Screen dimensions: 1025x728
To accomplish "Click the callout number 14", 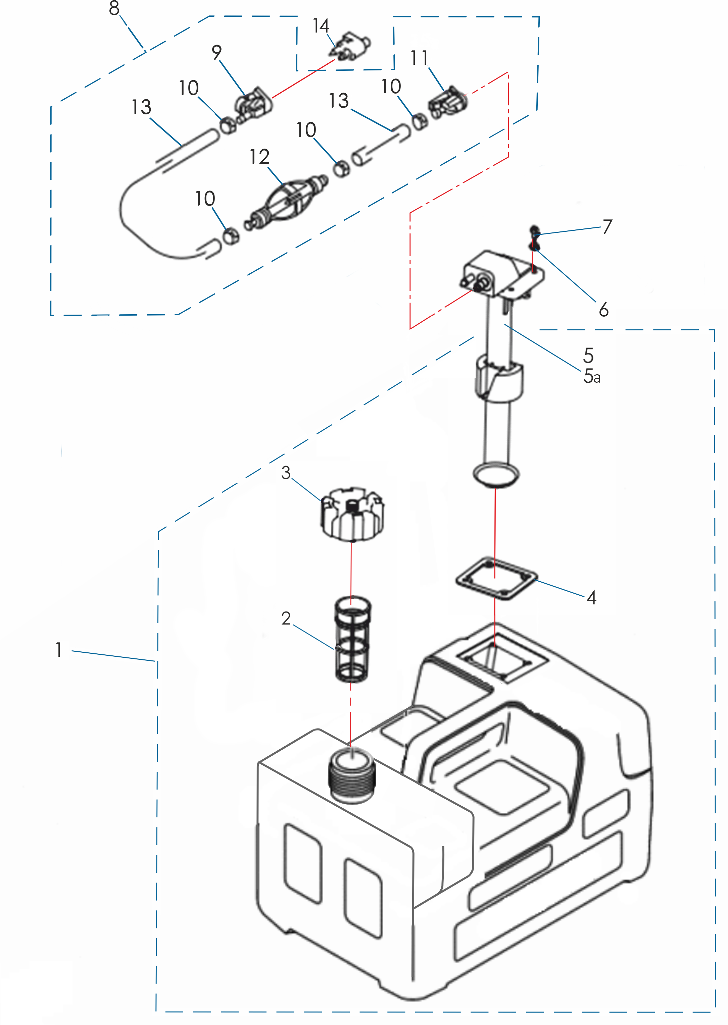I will pos(321,26).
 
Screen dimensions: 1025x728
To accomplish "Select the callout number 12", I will pos(259,157).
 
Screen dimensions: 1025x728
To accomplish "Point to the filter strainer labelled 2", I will pos(353,639).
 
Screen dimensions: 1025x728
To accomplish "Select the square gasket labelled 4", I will pos(496,578).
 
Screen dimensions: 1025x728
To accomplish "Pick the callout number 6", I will pos(603,310).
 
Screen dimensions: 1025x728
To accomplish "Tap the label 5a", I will pos(592,376).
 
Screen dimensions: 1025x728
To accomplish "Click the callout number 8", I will pos(114,8).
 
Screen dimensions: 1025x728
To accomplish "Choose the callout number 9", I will pos(216,52).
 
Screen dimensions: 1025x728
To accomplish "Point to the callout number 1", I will pos(59,650).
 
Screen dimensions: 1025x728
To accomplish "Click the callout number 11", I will pos(419,58).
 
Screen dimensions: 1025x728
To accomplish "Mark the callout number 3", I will pos(286,472).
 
